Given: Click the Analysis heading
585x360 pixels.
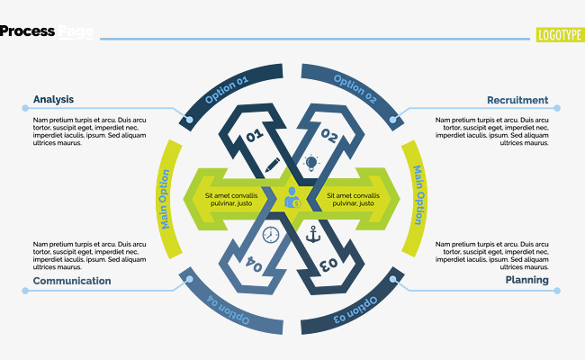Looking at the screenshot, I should [x=53, y=100].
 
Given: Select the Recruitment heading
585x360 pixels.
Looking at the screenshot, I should [x=517, y=100].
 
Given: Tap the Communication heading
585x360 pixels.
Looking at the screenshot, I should [x=72, y=281].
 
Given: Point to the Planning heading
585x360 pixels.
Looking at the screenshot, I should [x=526, y=281].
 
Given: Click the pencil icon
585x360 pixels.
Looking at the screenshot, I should [x=273, y=166].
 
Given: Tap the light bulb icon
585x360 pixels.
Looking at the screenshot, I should [x=311, y=164].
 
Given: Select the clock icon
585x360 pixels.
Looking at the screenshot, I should [x=271, y=235].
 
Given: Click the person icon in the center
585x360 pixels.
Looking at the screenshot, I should [x=292, y=198].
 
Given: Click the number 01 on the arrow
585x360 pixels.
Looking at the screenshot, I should [x=254, y=136].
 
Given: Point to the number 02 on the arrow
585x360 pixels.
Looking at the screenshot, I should [x=329, y=138].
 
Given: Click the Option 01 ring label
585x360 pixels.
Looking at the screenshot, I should [x=227, y=92].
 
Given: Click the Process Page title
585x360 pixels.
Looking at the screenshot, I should [x=47, y=31].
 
